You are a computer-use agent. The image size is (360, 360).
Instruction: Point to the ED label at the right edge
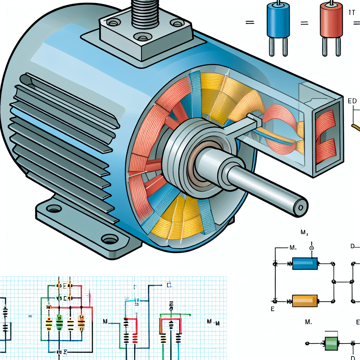pyautogui.click(x=352, y=101)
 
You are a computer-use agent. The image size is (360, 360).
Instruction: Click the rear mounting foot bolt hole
pyautogui.click(x=53, y=209)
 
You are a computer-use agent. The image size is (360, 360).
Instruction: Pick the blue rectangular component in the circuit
pyautogui.click(x=305, y=263)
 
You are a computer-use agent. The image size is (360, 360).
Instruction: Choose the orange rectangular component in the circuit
pyautogui.click(x=305, y=301)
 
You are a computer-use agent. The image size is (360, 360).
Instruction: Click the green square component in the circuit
pyautogui.click(x=331, y=343)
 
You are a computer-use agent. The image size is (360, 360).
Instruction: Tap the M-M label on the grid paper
pyautogui.click(x=213, y=322)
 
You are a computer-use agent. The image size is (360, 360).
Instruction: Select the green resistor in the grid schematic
pyautogui.click(x=59, y=322)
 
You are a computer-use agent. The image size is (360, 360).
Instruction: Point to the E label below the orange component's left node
pyautogui.click(x=272, y=309)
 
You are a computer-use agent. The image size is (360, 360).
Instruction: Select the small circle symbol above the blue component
pyautogui.click(x=311, y=248)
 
